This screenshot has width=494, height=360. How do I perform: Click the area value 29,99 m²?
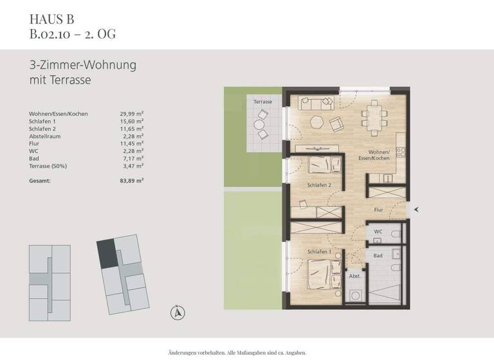[131, 114]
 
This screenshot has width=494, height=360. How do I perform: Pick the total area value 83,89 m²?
[131, 181]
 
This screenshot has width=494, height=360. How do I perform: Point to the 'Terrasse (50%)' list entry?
[48, 166]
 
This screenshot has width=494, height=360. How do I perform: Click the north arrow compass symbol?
[177, 313]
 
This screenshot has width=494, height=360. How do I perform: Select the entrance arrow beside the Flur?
[417, 210]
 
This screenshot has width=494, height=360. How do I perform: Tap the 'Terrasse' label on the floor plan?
[262, 102]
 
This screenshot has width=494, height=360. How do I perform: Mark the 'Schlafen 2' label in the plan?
[318, 186]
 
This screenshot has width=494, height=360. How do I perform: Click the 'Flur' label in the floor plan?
[379, 210]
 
